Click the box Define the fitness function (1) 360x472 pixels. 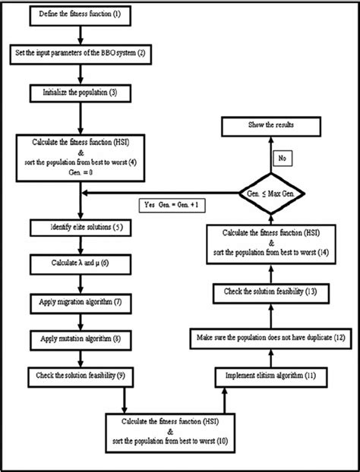coord(80,14)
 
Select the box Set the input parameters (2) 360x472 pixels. coord(80,55)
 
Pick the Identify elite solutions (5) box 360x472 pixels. coord(80,226)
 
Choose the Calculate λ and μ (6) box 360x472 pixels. coord(80,263)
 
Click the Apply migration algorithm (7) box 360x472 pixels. coord(80,301)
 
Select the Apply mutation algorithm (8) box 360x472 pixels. coord(80,338)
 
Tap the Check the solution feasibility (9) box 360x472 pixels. coord(80,375)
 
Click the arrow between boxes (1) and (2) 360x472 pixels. coord(80,35)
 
